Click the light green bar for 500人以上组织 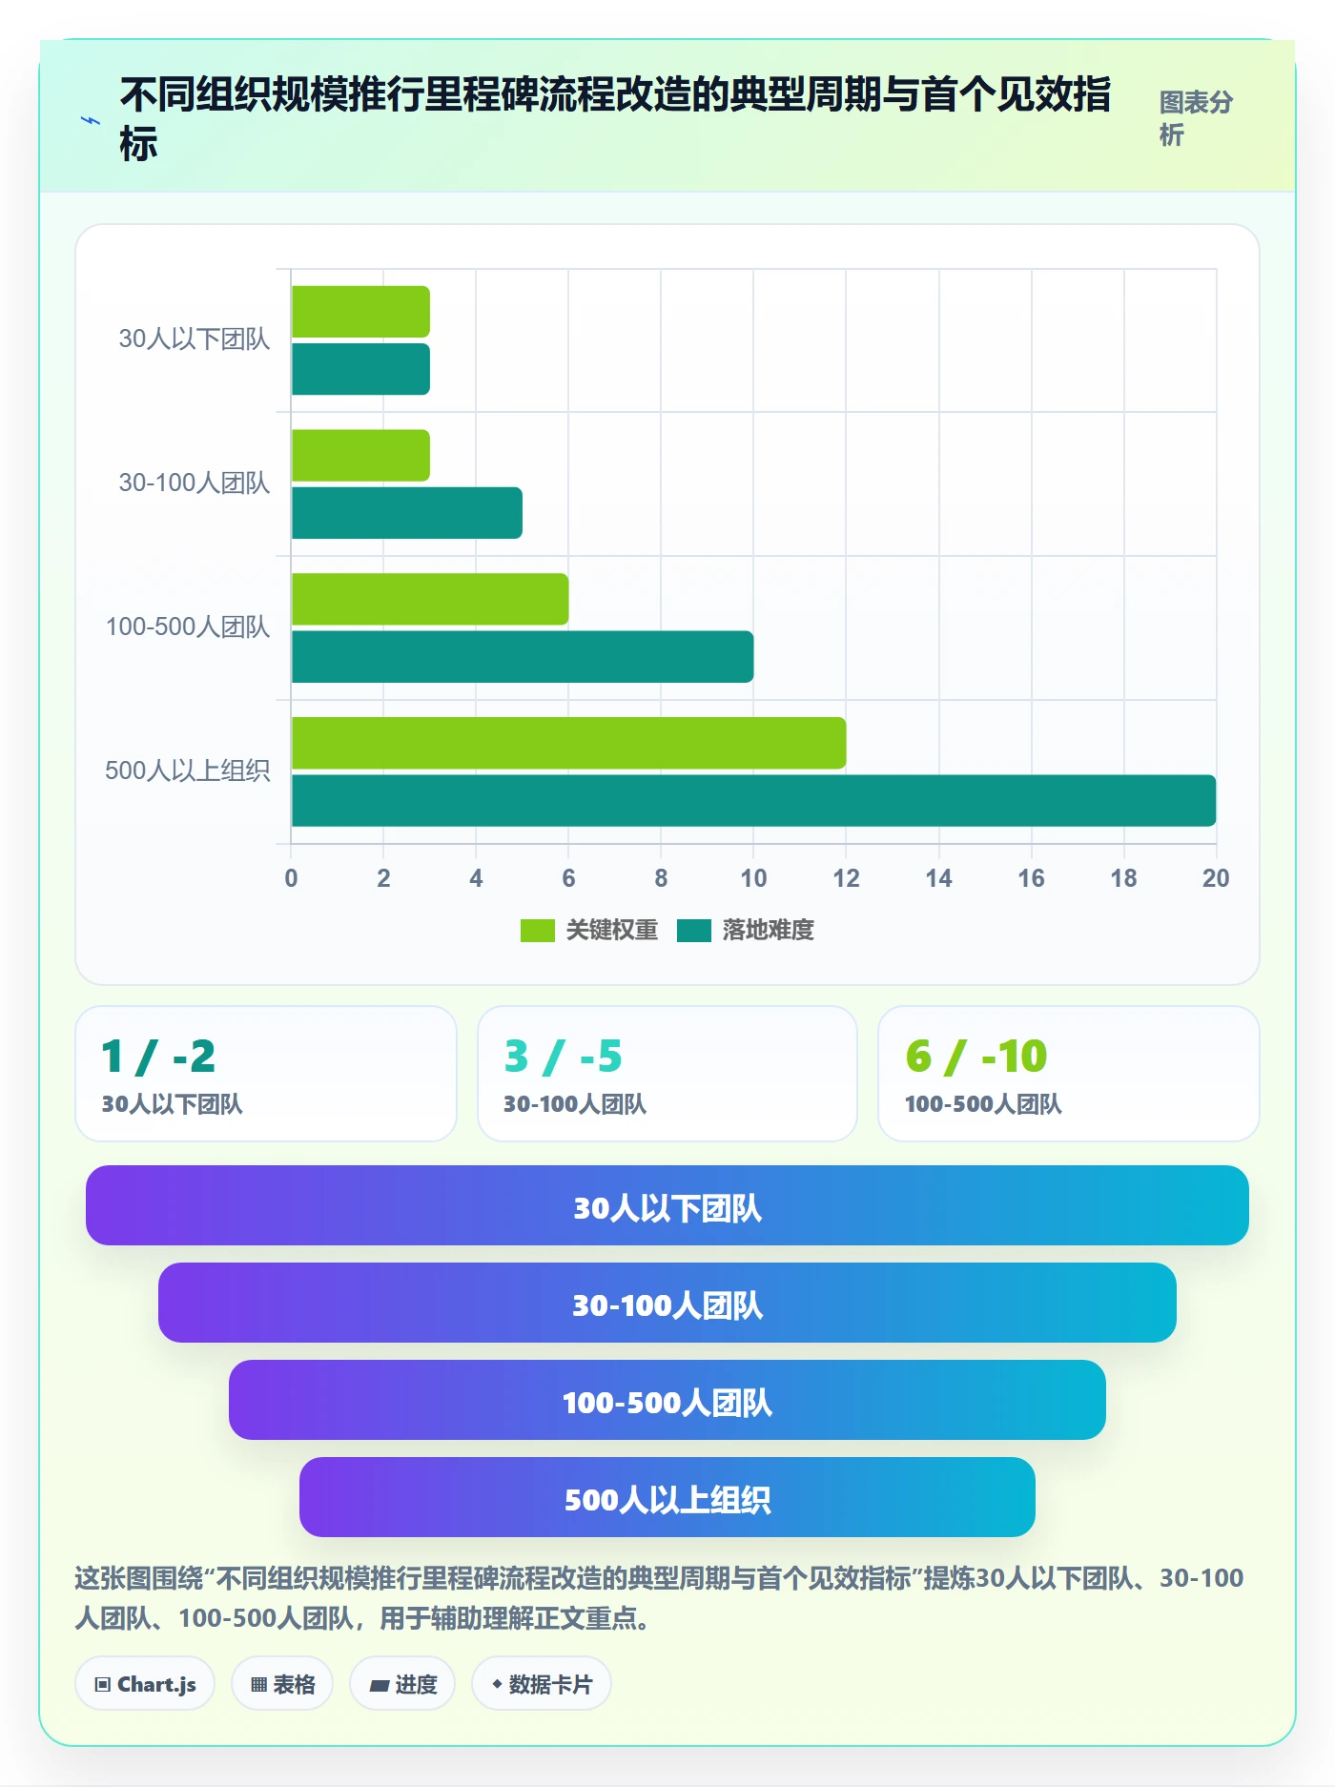(568, 743)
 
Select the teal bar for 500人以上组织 (753, 801)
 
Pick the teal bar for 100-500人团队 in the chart (523, 657)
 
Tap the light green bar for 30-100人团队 (360, 456)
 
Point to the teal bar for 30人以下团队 (360, 369)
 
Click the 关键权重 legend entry (589, 930)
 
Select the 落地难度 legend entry (746, 930)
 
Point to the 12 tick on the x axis (846, 878)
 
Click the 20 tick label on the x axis (1216, 878)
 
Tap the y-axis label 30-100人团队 (195, 483)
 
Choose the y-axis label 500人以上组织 (188, 770)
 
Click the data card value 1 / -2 (158, 1057)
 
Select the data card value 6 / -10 (976, 1057)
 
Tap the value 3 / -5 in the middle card (564, 1057)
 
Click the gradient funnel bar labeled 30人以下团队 (667, 1205)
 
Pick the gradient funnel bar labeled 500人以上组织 (667, 1497)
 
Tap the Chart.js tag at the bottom (145, 1684)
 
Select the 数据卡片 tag (542, 1684)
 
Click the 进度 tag (402, 1684)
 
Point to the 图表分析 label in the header (1196, 118)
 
